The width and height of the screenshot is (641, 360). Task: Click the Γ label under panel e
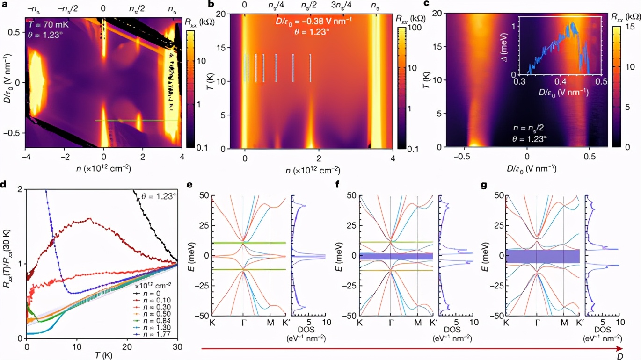243,323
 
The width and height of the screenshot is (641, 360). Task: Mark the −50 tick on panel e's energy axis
203,316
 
